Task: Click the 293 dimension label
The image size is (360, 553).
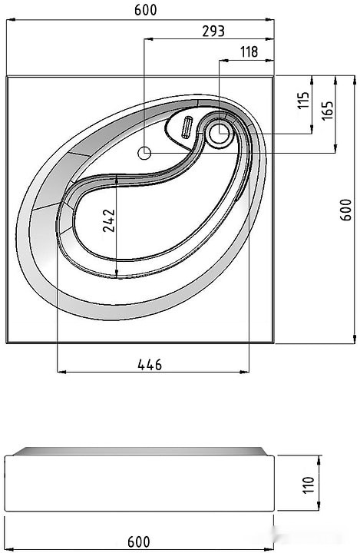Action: [213, 31]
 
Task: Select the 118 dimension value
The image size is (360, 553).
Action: [249, 52]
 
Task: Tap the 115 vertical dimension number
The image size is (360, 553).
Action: [303, 101]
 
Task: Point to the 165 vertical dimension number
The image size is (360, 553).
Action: [327, 111]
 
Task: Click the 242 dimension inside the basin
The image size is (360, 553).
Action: [109, 220]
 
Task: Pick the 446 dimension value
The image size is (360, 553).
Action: [150, 365]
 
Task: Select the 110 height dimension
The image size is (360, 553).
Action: [308, 485]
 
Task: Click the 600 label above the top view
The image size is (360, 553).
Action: [146, 10]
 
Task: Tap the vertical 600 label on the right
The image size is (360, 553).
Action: [345, 210]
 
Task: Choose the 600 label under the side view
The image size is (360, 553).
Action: [139, 541]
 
